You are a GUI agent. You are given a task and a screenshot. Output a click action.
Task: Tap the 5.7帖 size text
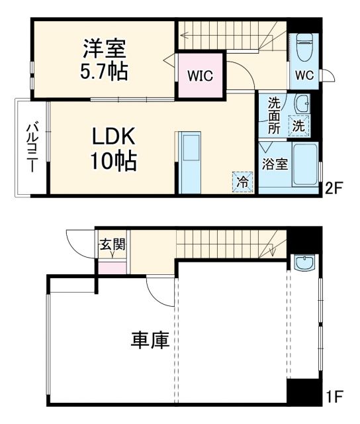point(105,70)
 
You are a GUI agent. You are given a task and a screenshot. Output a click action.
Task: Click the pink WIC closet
point(199,76)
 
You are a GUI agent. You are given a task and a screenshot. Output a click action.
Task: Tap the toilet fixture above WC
point(304,47)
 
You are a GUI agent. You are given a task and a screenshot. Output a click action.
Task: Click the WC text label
point(304,74)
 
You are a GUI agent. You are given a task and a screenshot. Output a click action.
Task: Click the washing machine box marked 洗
point(299,124)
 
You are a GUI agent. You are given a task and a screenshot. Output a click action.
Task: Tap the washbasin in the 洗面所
point(302,103)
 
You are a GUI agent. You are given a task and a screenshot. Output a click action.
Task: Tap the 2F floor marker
point(332,188)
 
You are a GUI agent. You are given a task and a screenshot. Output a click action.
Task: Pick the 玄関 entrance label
point(112,244)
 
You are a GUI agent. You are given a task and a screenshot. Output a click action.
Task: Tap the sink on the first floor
point(304,264)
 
